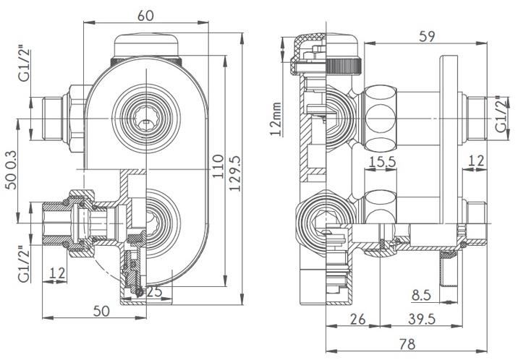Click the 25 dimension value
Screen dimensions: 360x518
[x=153, y=292]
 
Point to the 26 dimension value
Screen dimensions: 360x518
[x=357, y=319]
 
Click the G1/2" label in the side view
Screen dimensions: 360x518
[x=500, y=116]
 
